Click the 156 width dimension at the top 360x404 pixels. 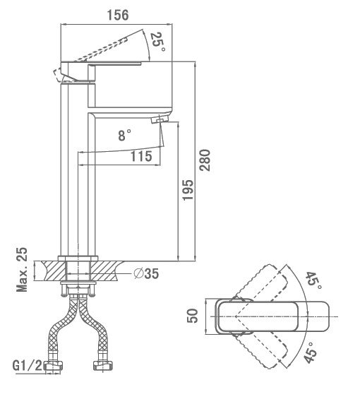(x=118, y=15)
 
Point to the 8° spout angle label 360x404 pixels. (x=125, y=135)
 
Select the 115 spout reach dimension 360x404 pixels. (x=141, y=156)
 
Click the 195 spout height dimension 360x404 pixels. (x=188, y=190)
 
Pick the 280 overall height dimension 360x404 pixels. (x=205, y=160)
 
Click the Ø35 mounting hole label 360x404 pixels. (x=146, y=273)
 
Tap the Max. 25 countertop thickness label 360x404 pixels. (x=22, y=270)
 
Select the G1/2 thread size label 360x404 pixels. (x=27, y=365)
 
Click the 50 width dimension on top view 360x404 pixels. (x=193, y=316)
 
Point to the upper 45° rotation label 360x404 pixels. (x=313, y=280)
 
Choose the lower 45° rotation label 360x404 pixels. (x=311, y=352)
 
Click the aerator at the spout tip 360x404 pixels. (x=160, y=119)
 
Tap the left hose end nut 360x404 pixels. (x=53, y=366)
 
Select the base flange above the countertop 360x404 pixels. (x=78, y=259)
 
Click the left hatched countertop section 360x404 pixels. (x=54, y=271)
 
